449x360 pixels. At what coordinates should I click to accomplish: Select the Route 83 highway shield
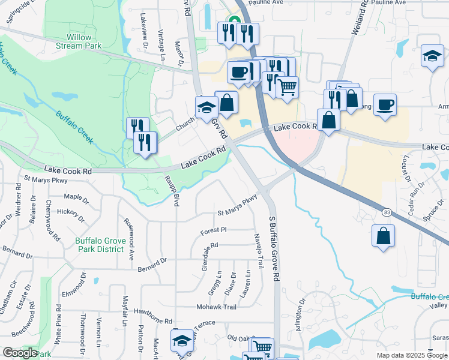[385, 212]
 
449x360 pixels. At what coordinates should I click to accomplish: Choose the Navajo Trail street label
[259, 251]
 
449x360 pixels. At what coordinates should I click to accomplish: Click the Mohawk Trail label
[217, 307]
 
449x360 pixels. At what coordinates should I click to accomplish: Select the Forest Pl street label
[213, 229]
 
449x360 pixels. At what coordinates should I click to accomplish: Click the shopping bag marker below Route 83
[383, 235]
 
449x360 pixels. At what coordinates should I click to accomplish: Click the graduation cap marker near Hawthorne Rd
[181, 340]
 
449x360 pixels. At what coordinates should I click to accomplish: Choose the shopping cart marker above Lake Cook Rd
[288, 86]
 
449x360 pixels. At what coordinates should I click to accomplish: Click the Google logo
[20, 353]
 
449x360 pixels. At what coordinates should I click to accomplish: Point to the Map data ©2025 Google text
[412, 355]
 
